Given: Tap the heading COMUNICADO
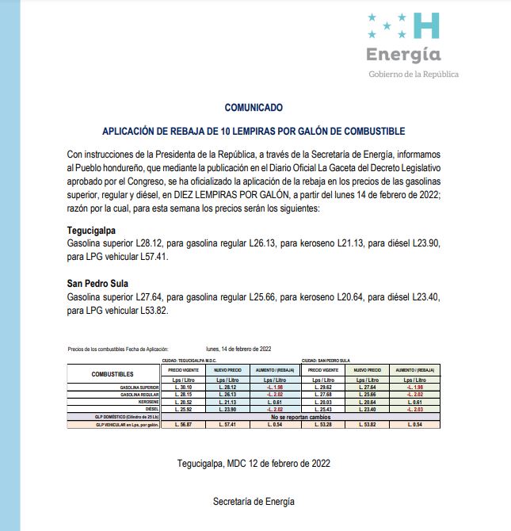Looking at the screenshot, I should pos(254,106).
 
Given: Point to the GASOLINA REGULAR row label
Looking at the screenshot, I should pos(136,395).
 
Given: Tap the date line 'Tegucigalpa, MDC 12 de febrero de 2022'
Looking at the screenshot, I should pos(254,463).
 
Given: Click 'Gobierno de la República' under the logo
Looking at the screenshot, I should pos(414,74).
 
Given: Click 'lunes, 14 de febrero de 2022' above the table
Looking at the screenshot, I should pos(238,349).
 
